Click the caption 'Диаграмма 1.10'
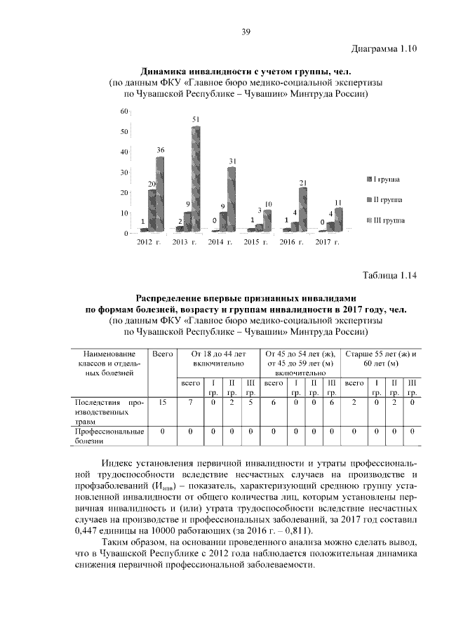384,48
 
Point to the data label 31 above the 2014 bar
232,161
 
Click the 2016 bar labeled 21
303,206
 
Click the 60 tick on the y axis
123,112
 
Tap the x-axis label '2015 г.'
257,242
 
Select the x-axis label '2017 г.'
327,242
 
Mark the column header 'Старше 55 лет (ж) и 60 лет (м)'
381,359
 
